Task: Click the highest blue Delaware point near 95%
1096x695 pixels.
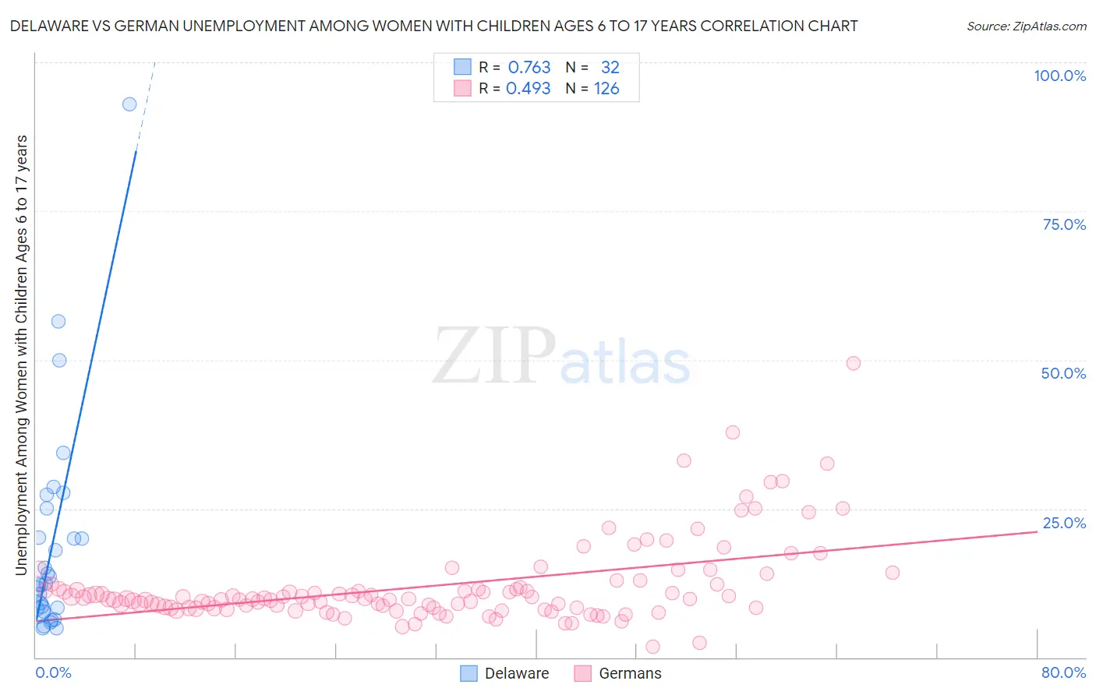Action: [129, 104]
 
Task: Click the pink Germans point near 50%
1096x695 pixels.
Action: [853, 363]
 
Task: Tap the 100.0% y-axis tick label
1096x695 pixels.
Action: [1059, 76]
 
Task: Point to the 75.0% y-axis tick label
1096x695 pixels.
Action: [1064, 224]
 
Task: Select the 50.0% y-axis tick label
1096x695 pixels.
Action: [1063, 373]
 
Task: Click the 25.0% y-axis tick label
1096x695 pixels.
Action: [1064, 523]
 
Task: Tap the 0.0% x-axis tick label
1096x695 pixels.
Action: [53, 672]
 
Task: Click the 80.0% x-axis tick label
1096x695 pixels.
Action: [1063, 672]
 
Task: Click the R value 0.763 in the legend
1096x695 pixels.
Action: [529, 67]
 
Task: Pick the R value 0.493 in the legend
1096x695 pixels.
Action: [529, 88]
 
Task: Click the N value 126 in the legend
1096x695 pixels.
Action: [606, 88]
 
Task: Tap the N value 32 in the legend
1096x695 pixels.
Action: [610, 67]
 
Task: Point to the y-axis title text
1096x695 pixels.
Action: [21, 355]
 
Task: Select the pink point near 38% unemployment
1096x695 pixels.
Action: [732, 432]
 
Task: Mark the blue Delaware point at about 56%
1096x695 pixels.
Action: [58, 321]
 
